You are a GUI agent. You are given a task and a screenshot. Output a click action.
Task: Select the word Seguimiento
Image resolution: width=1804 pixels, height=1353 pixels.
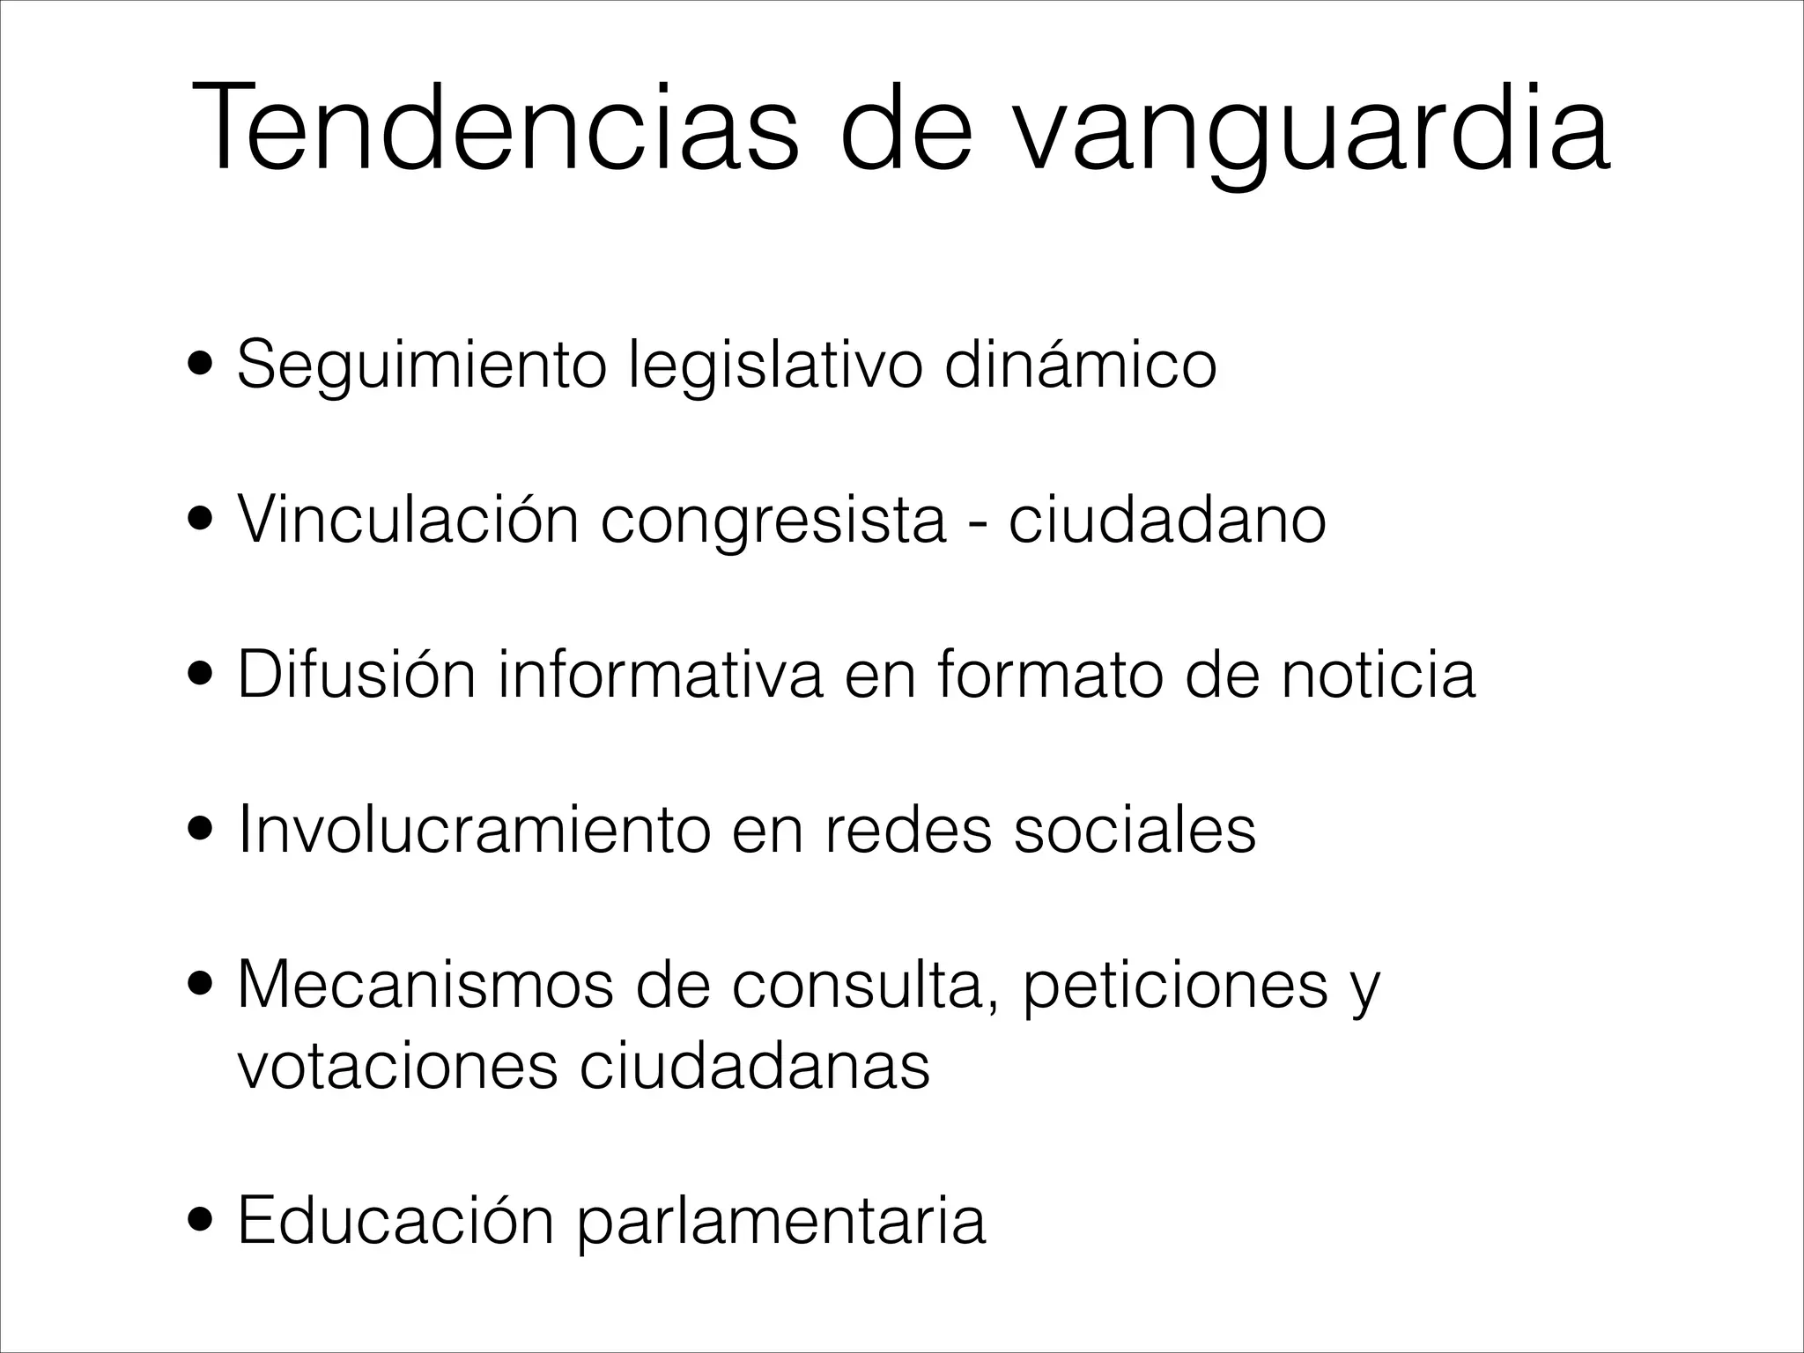[422, 366]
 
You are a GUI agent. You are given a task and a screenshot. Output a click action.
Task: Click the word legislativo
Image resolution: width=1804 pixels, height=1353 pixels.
[775, 366]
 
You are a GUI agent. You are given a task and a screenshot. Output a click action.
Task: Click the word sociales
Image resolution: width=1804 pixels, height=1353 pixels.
[1135, 830]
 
